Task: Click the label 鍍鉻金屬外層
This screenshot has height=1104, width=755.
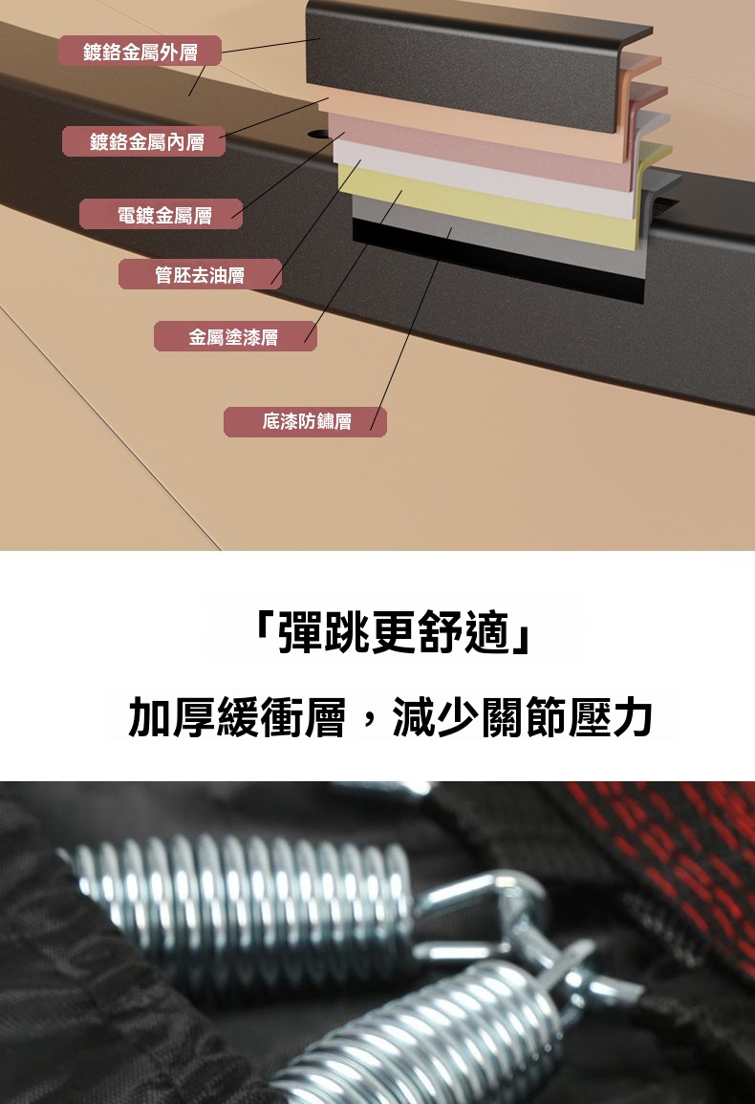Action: point(140,52)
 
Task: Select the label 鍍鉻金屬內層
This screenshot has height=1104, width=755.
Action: point(144,141)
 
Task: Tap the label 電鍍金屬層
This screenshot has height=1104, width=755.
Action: point(162,215)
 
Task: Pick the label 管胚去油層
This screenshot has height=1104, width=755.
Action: point(200,275)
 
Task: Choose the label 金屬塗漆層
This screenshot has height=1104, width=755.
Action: point(235,336)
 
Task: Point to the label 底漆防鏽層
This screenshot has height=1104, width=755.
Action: point(305,421)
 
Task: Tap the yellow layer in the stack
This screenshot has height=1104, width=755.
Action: point(493,204)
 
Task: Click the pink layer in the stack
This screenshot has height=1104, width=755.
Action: point(485,152)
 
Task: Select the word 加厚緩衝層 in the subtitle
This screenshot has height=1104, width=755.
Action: point(237,717)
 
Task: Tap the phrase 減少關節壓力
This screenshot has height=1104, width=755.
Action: point(522,717)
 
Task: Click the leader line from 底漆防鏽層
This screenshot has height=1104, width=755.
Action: point(411,329)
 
